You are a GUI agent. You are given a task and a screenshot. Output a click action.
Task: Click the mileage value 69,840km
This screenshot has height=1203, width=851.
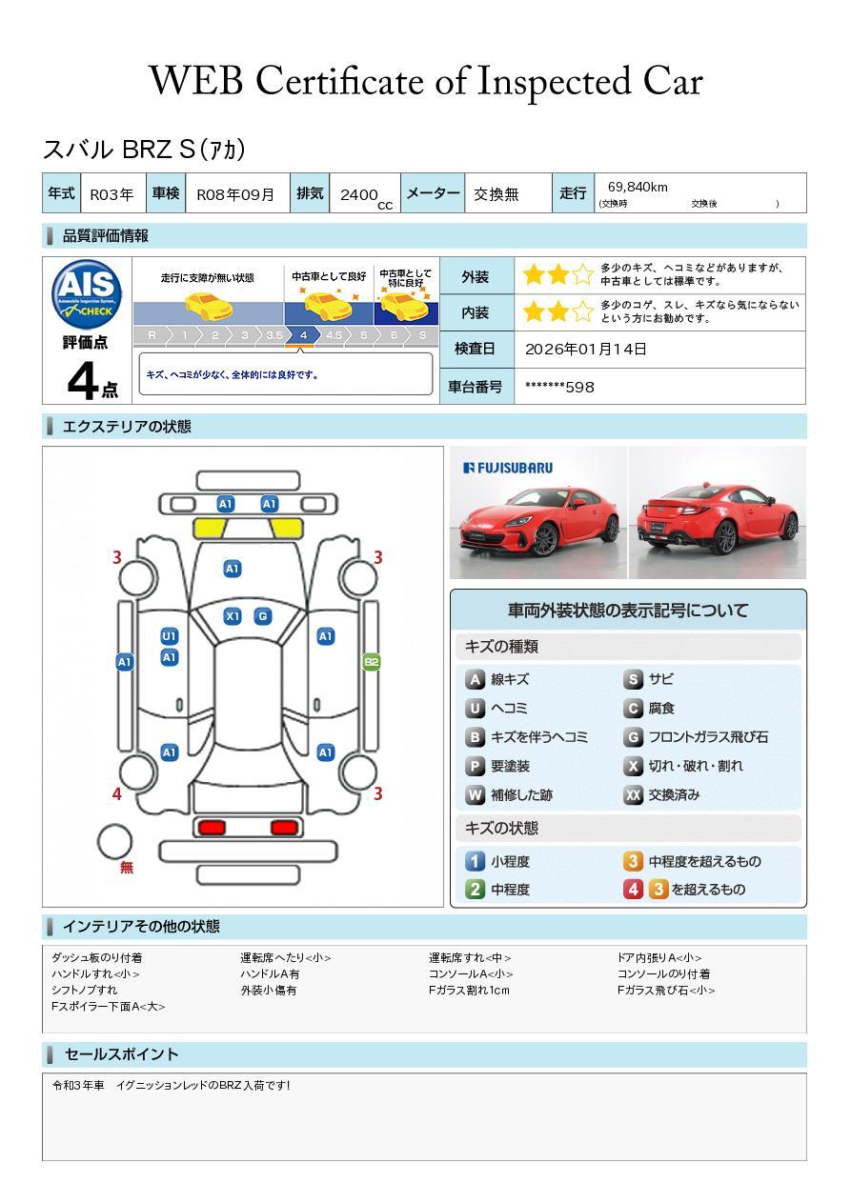(638, 187)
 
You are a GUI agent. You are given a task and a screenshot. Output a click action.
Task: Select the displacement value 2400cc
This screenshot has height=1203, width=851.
(362, 195)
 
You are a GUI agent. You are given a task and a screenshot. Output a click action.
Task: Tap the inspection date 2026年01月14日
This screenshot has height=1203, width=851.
(586, 349)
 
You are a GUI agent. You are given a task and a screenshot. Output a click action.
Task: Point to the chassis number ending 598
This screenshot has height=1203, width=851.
(559, 387)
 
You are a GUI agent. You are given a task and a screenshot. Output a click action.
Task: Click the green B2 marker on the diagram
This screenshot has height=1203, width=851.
(372, 662)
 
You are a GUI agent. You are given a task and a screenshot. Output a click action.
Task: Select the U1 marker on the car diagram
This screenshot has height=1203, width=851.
(170, 636)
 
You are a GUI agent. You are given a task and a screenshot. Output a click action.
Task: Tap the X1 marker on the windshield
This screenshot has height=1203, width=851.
(233, 616)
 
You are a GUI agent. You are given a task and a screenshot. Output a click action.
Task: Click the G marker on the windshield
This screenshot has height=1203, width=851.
(263, 616)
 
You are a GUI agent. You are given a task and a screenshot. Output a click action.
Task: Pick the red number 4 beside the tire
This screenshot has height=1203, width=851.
(117, 793)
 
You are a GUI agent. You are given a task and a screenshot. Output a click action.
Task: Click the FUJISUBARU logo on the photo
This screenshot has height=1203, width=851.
(507, 468)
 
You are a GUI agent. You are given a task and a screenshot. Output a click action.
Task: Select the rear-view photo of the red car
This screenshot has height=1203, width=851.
(718, 512)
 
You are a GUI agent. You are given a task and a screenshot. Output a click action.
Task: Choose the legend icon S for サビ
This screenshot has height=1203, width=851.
(633, 679)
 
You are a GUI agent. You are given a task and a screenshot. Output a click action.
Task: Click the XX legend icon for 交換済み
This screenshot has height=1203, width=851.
(633, 794)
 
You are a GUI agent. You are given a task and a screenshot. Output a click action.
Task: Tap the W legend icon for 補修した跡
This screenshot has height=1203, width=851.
(475, 794)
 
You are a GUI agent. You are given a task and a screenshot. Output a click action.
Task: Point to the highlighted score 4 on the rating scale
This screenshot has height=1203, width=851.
(303, 335)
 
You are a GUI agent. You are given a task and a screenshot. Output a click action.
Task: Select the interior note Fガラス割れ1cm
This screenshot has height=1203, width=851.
(469, 991)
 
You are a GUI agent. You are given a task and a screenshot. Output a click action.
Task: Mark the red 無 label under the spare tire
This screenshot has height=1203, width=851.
(127, 868)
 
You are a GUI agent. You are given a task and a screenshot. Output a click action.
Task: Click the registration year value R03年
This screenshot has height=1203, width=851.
(111, 194)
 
